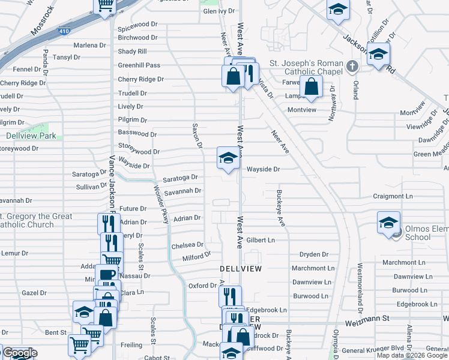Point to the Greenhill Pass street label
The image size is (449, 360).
pos(139,65)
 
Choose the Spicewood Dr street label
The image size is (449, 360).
pos(137,28)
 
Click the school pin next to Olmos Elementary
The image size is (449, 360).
pos(388,222)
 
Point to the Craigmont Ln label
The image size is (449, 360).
pos(393,196)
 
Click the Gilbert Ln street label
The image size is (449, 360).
pos(260,240)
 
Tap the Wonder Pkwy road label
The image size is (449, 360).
pos(161,205)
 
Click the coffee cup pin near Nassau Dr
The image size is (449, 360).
pos(106,275)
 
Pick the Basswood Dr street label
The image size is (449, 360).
pos(137,134)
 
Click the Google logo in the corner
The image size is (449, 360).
pos(20,353)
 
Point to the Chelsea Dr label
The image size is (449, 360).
pos(187,245)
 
